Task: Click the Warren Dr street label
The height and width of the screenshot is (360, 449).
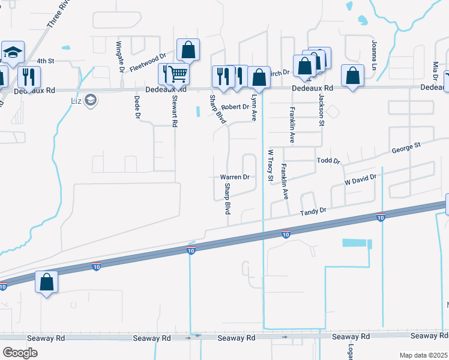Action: point(234,177)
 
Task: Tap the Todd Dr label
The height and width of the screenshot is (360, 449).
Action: point(328,161)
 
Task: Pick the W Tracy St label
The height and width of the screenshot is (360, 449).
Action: point(270,166)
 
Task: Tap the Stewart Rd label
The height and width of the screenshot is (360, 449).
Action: point(175,110)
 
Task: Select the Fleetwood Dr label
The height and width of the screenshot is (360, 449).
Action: point(148,62)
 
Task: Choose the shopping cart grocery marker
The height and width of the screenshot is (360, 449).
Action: point(177,74)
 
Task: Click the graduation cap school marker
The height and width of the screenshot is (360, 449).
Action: point(11,52)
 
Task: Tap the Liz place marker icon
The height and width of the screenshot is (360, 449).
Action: point(91,100)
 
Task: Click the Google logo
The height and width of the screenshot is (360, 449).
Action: point(20,352)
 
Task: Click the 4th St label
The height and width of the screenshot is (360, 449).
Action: point(46,61)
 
